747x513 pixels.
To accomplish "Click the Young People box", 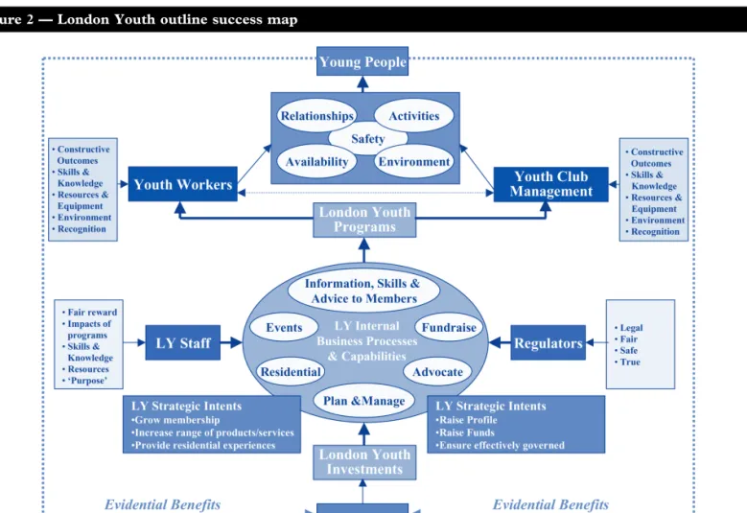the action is (x=362, y=61).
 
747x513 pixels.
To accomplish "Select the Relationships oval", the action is (x=316, y=116).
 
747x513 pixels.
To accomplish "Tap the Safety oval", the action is (x=368, y=139).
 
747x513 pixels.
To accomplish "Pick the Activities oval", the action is (x=414, y=116).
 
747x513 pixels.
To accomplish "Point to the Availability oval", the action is (x=316, y=161).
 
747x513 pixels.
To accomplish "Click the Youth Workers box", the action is (x=183, y=184).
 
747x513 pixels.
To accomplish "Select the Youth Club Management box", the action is (x=550, y=184).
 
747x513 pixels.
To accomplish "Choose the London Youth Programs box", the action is (x=364, y=220).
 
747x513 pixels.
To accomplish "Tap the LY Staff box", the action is (x=183, y=343).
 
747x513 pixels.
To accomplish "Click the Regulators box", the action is (x=548, y=343).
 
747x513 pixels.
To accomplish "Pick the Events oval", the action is (x=284, y=328).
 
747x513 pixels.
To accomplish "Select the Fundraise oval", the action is (x=449, y=328).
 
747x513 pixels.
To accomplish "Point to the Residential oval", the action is (x=291, y=372).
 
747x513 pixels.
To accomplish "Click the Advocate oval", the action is (x=437, y=372).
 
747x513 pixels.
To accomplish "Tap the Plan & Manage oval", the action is (x=364, y=401).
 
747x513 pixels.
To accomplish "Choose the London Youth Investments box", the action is (x=364, y=462).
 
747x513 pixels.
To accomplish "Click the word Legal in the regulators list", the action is (x=631, y=328).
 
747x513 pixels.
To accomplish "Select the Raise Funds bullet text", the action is (x=466, y=432).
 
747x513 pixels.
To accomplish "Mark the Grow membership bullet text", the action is (x=175, y=420).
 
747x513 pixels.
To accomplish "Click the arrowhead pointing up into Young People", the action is (x=362, y=82).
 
